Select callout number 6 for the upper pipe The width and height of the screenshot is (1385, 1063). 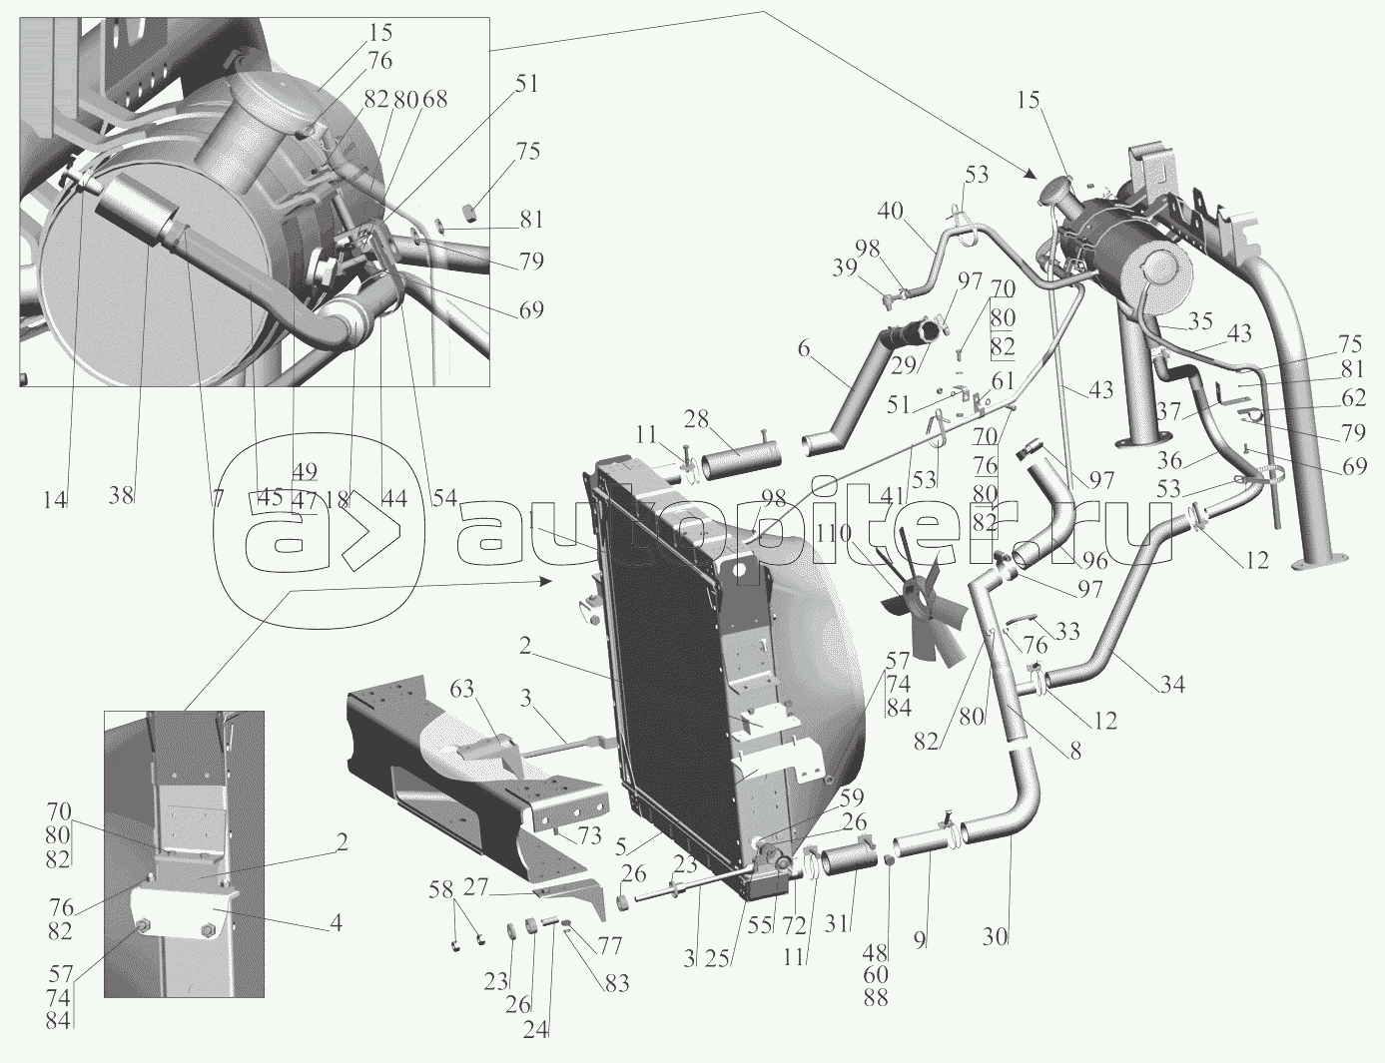[x=803, y=348]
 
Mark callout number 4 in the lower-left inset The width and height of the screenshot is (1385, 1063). [x=337, y=922]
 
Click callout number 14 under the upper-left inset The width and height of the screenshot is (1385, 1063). [x=56, y=501]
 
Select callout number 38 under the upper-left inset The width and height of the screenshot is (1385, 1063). [x=121, y=495]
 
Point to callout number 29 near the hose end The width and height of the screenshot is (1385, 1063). [x=904, y=365]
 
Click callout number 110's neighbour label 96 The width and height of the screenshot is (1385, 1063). [x=1093, y=560]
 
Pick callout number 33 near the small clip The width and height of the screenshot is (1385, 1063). [x=1067, y=631]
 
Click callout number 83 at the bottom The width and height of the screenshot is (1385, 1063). [x=616, y=983]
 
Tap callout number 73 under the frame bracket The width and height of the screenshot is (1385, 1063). [x=588, y=835]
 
